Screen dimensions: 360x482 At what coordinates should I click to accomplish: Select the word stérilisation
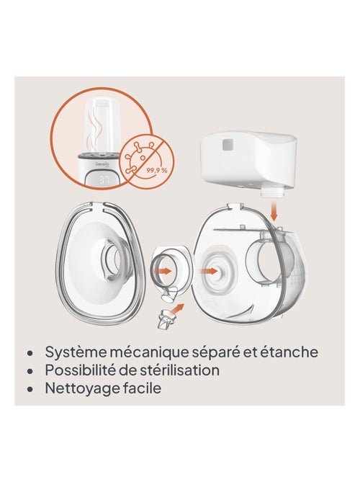pos(180,370)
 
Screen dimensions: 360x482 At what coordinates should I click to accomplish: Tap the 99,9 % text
pos(157,170)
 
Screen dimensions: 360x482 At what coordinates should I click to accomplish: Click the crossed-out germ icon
pos(146,161)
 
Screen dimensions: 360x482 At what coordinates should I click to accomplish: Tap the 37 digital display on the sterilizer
pos(104,180)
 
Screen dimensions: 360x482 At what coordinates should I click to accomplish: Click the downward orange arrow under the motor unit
pos(274,211)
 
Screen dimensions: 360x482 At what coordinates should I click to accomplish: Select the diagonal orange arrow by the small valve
pos(177,309)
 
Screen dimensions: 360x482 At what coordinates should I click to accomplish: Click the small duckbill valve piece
pos(164,321)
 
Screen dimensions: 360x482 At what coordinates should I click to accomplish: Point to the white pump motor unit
pos(249,161)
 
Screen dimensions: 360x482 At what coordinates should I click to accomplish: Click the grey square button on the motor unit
pos(228,145)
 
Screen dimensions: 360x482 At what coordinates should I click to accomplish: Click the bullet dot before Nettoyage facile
pos(30,389)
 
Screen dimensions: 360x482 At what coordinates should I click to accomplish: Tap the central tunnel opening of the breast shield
pos(113,258)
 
